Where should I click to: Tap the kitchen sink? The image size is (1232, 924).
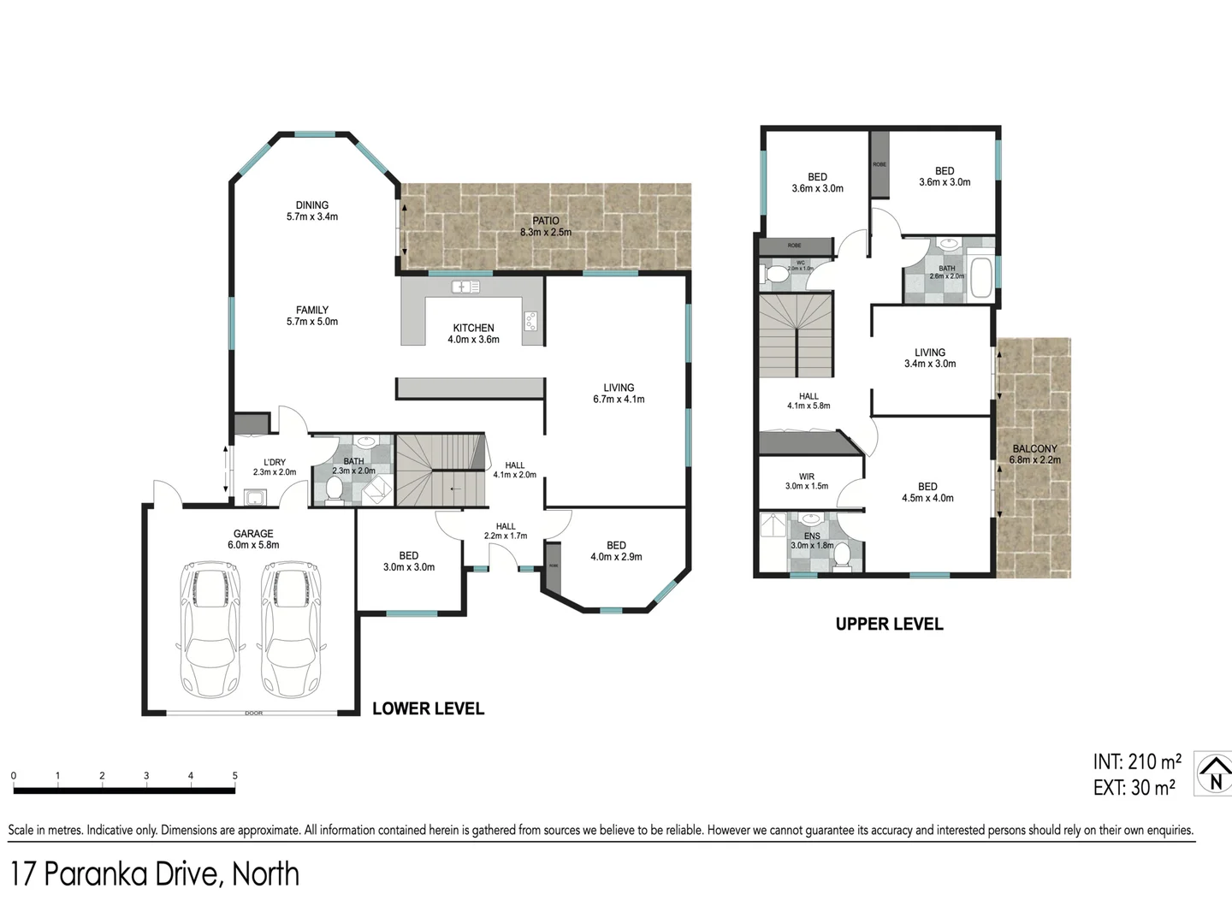point(465,287)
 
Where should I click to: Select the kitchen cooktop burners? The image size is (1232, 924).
point(531,321)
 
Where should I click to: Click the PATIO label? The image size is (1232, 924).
point(545,221)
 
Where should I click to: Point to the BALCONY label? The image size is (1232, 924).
point(1034,448)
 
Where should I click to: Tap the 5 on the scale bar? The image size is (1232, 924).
point(234,776)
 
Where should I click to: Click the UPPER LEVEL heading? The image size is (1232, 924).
point(889,625)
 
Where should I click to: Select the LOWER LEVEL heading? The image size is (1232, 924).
point(428,708)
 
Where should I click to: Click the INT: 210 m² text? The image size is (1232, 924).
point(1136,761)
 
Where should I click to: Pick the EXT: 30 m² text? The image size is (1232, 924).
point(1134,788)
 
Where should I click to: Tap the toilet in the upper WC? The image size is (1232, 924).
point(777,275)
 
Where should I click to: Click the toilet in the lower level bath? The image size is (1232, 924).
point(335,489)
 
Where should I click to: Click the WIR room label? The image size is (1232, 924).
point(806,477)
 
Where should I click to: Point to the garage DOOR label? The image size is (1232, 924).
point(253,713)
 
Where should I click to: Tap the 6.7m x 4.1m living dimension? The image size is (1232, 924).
point(619,399)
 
